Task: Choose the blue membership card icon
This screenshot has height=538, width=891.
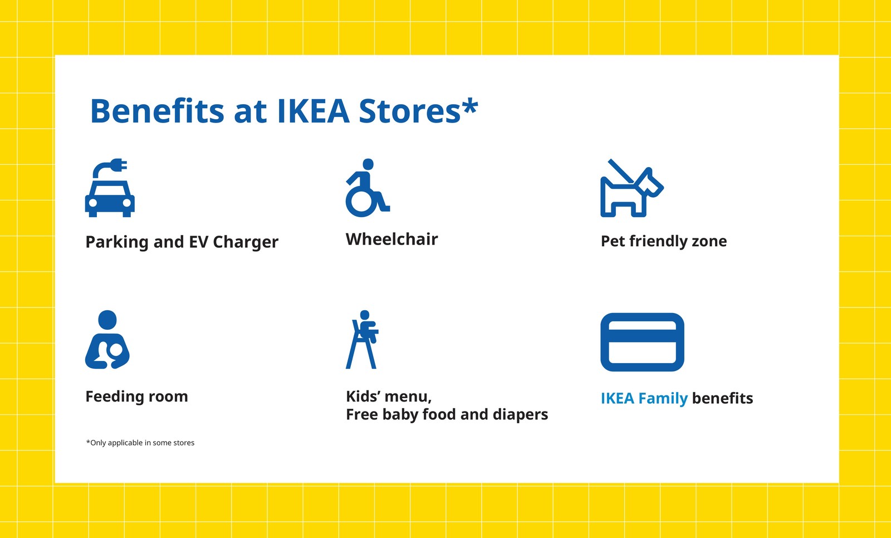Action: [x=642, y=342]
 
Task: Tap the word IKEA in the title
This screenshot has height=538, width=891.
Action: [x=313, y=111]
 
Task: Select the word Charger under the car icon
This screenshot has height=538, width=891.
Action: [x=246, y=242]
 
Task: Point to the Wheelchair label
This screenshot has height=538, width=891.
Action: [x=391, y=239]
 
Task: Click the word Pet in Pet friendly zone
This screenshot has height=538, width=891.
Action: [x=613, y=241]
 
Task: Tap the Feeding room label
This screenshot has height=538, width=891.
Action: [x=136, y=397]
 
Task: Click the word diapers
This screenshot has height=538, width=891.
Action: [x=520, y=415]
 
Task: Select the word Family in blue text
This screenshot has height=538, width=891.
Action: [x=663, y=399]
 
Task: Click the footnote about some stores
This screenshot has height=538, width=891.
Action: [x=140, y=443]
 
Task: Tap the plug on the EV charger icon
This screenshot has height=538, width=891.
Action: [x=119, y=165]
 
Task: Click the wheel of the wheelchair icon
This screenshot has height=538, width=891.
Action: [x=360, y=203]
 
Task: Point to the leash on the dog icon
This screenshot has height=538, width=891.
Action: [x=620, y=171]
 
